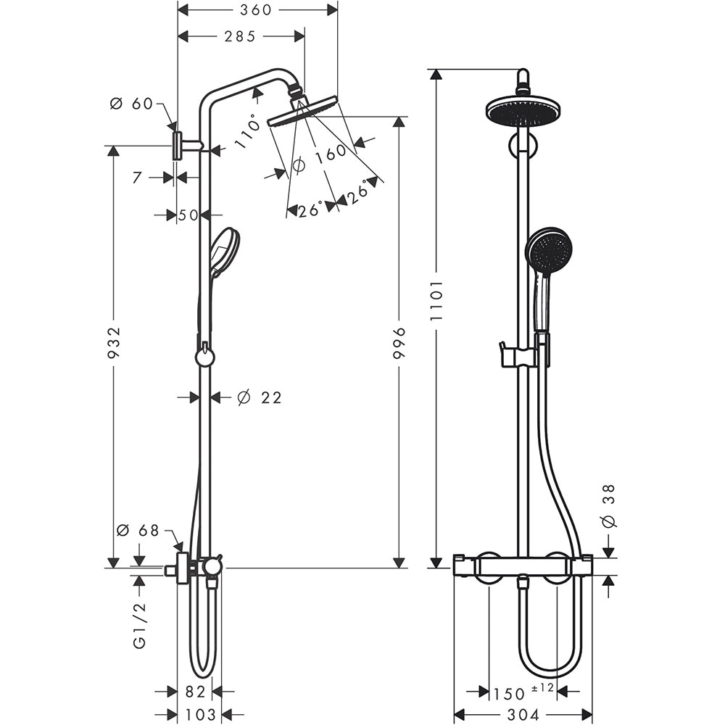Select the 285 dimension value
click(239, 36)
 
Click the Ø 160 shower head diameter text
click(320, 159)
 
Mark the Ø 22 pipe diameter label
click(259, 397)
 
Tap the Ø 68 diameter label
click(138, 530)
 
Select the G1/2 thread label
click(139, 624)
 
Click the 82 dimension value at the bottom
click(195, 692)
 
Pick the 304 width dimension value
click(523, 715)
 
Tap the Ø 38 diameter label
click(609, 505)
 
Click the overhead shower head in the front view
click(523, 111)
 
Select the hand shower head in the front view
click(549, 251)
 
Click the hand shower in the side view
click(224, 251)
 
